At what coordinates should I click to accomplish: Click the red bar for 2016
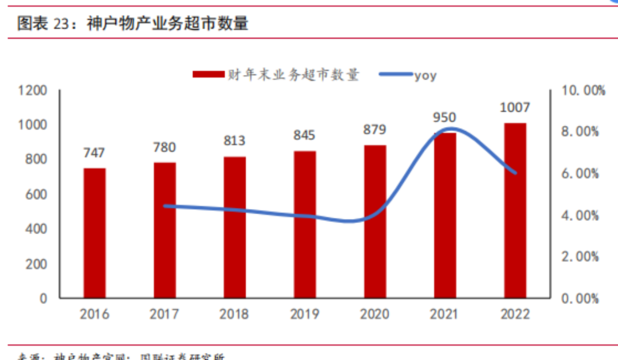click(x=94, y=233)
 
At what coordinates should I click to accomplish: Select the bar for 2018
click(x=235, y=227)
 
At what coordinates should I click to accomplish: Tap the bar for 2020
click(x=375, y=221)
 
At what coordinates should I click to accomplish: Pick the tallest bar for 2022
click(x=515, y=210)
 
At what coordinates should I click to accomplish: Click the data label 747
click(x=94, y=153)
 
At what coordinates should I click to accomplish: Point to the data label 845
click(x=304, y=136)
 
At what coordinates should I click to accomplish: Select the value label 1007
click(x=515, y=108)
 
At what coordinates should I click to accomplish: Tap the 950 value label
click(x=445, y=118)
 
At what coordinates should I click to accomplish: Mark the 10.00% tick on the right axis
click(x=580, y=90)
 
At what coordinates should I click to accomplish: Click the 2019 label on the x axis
click(x=304, y=314)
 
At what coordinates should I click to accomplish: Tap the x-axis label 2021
click(x=445, y=314)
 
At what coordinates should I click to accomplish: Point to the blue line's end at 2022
click(x=515, y=173)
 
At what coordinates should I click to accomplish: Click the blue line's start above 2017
click(x=165, y=205)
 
